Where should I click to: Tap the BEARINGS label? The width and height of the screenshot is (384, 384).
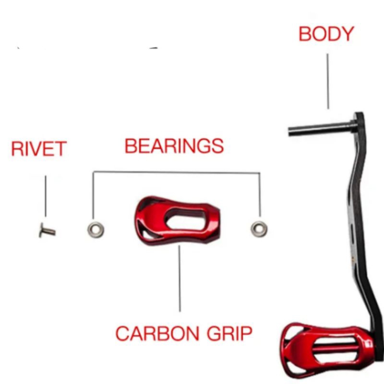coord(174,145)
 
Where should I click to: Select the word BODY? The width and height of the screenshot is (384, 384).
coord(326,34)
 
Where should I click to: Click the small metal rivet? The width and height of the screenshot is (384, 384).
coord(47,231)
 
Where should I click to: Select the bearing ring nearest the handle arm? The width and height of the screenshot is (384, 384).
coord(259,229)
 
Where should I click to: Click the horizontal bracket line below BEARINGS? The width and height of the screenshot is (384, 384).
coord(177,172)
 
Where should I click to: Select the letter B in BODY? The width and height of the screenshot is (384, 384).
coord(306,34)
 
